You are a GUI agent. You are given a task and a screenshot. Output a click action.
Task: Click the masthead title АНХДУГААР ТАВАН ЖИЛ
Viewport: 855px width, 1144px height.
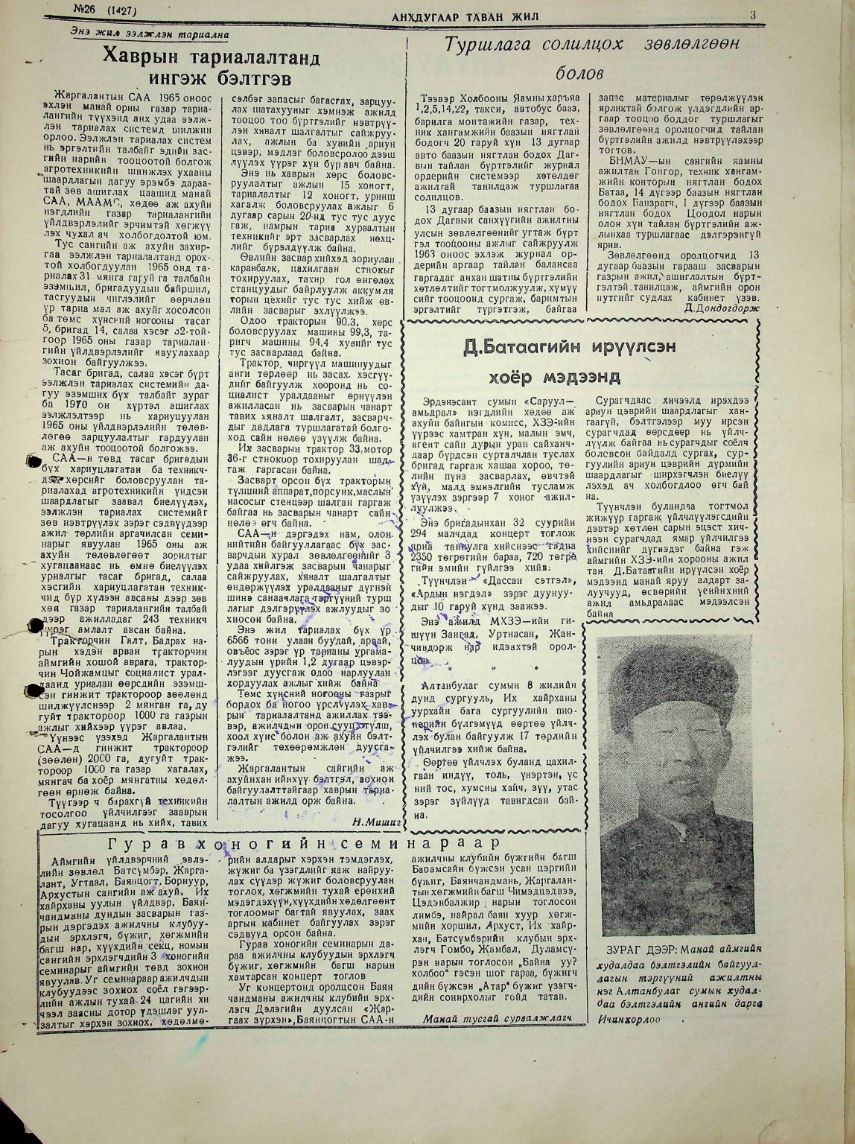[465, 16]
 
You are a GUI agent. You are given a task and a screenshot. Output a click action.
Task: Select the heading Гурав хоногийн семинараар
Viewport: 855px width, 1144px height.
[296, 844]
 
